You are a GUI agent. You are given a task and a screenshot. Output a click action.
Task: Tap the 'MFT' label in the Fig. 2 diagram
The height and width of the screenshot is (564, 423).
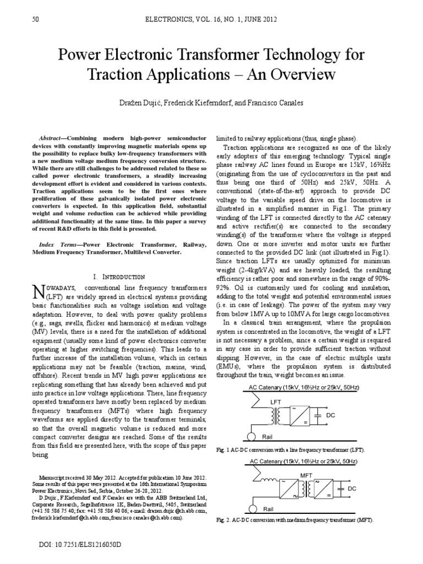coord(306,474)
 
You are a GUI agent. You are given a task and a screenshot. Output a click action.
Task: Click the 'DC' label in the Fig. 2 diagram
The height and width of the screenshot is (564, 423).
coord(352,489)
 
